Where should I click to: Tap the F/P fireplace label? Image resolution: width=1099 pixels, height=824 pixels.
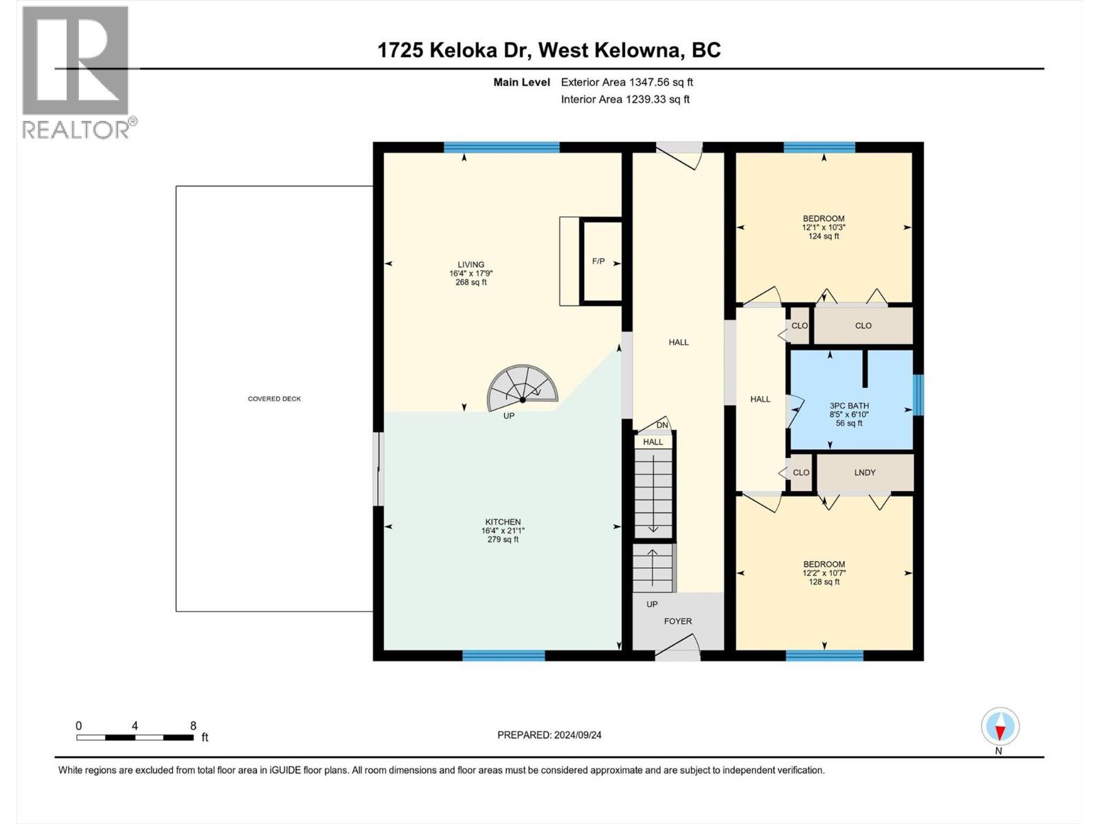click(x=598, y=262)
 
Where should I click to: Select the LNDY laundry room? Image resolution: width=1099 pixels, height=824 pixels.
click(x=865, y=472)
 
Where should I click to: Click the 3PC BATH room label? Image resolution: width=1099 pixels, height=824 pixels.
click(x=849, y=406)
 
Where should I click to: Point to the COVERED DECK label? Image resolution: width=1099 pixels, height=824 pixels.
click(x=274, y=399)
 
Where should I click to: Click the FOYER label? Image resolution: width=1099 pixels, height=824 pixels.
click(x=677, y=621)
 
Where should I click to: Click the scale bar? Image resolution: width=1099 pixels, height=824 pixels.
click(x=135, y=737)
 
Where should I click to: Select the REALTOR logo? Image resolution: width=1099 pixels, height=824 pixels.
click(x=76, y=72)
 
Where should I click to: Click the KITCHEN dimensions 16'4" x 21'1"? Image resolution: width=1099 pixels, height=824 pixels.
click(x=503, y=531)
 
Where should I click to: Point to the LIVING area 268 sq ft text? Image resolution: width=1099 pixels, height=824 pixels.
click(x=471, y=282)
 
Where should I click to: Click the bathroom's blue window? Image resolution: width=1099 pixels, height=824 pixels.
click(x=918, y=395)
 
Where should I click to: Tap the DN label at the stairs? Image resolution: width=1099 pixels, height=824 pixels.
click(x=662, y=425)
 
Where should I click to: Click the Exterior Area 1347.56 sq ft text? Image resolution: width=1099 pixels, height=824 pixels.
click(x=626, y=82)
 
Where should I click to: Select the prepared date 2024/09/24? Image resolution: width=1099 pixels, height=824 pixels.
click(x=549, y=735)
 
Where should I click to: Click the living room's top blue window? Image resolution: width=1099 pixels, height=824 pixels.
click(x=501, y=147)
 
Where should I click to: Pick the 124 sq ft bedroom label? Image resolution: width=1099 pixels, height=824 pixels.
click(x=824, y=236)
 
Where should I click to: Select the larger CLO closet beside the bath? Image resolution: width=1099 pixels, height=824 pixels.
click(x=863, y=325)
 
